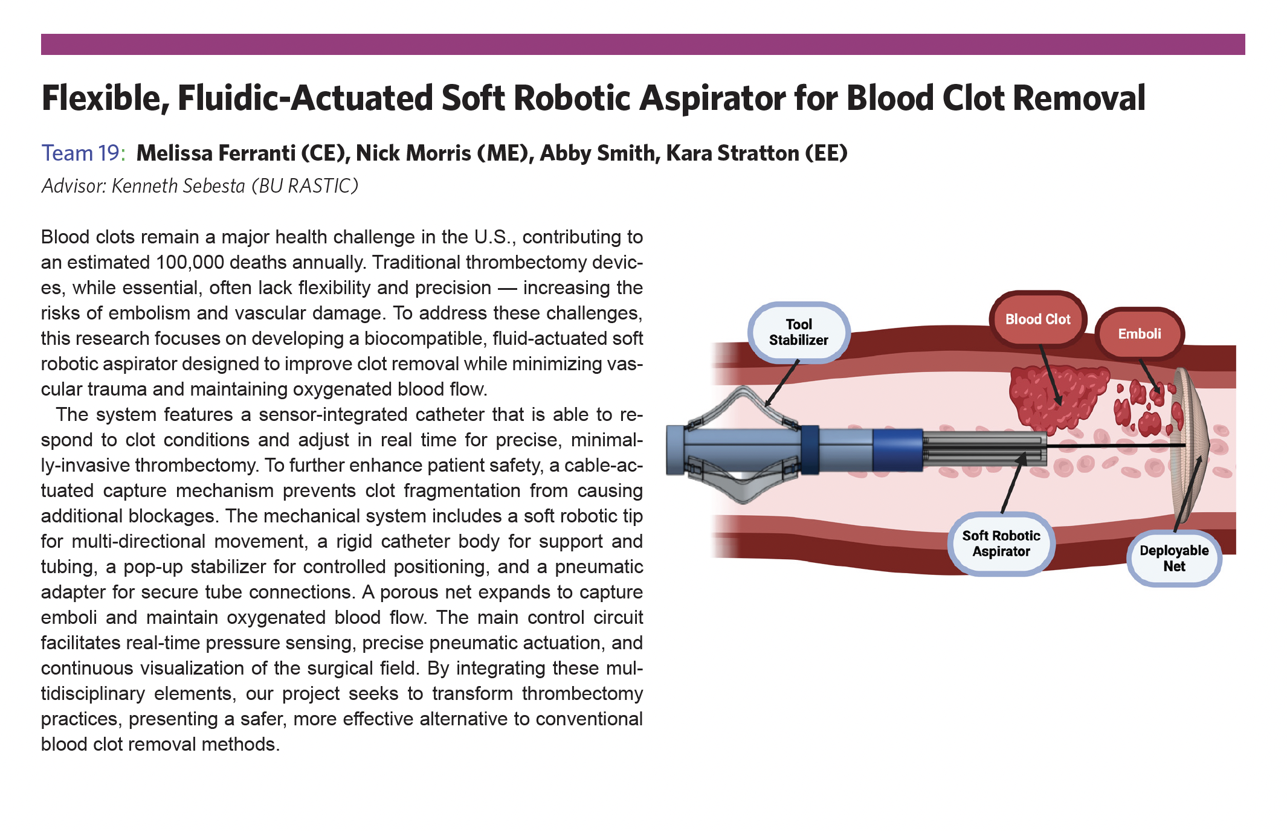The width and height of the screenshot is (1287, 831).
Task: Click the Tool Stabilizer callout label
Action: (x=798, y=332)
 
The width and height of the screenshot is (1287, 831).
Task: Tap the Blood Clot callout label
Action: (x=1037, y=319)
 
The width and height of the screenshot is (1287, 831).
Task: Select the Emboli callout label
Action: (x=1139, y=334)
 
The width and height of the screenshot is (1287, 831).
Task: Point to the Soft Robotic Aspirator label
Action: (x=1001, y=544)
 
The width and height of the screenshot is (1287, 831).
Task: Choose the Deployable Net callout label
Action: (x=1173, y=558)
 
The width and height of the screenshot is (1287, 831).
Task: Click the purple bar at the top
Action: (x=643, y=45)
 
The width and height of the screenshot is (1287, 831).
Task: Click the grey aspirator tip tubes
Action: (x=985, y=449)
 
